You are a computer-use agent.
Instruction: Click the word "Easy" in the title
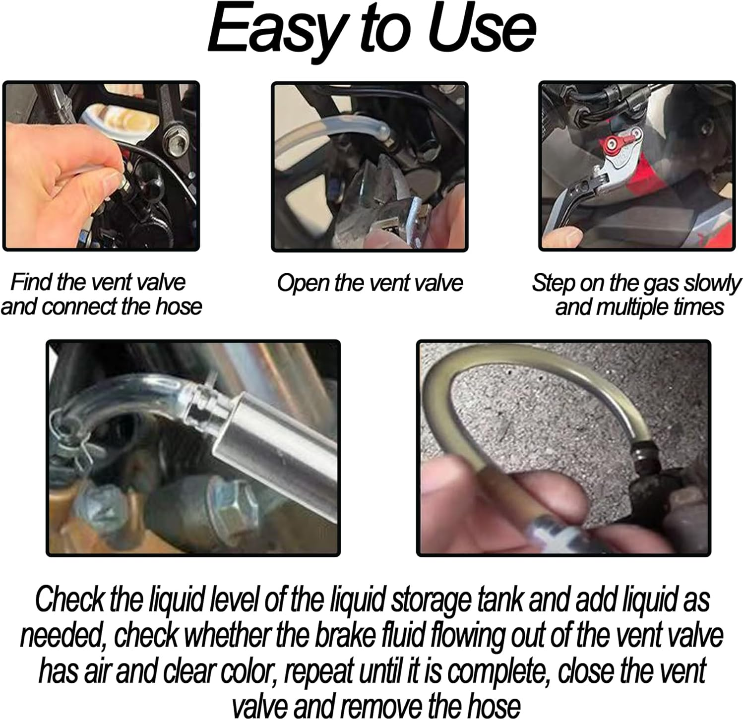270,31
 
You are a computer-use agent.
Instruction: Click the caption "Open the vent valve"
370,284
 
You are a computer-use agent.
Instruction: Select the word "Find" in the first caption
32,283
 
